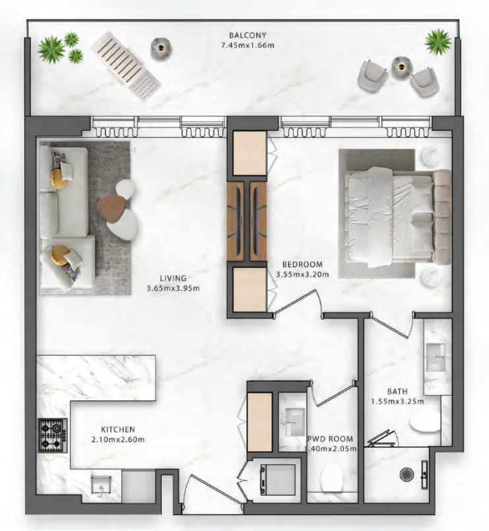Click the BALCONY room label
(x=247, y=35)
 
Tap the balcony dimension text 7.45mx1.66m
(x=247, y=46)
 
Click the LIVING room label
(x=173, y=278)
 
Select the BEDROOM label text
(x=303, y=264)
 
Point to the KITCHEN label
(x=118, y=429)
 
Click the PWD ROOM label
(x=330, y=439)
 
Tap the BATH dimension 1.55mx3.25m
(x=397, y=402)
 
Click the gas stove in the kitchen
(x=53, y=435)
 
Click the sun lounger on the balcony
(x=125, y=66)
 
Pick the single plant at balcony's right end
(x=438, y=42)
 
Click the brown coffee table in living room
(x=110, y=208)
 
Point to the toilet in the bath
(x=425, y=423)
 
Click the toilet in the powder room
(x=333, y=478)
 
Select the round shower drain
(x=406, y=474)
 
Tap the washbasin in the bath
(x=436, y=358)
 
